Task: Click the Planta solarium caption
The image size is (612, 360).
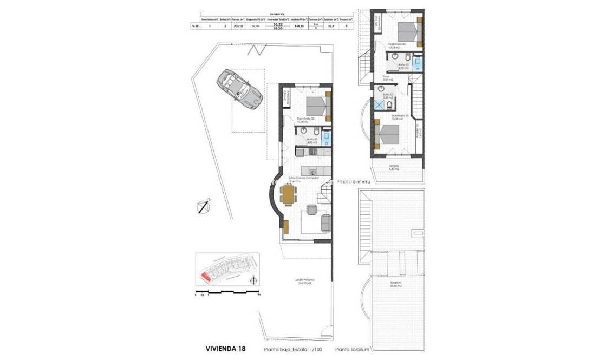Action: (352, 350)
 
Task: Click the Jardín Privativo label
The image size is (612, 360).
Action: (305, 281)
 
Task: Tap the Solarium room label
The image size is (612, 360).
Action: (395, 284)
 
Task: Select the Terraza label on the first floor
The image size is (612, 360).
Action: (394, 167)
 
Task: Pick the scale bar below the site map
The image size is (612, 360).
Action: (227, 293)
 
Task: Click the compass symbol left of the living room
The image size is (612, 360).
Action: (203, 206)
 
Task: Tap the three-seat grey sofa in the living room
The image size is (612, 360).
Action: (326, 222)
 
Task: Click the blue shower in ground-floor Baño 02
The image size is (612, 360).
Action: (325, 139)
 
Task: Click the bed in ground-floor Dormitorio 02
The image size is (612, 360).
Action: (318, 106)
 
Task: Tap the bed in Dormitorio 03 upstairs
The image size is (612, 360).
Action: (387, 134)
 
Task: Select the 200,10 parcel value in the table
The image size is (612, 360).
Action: (237, 25)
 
